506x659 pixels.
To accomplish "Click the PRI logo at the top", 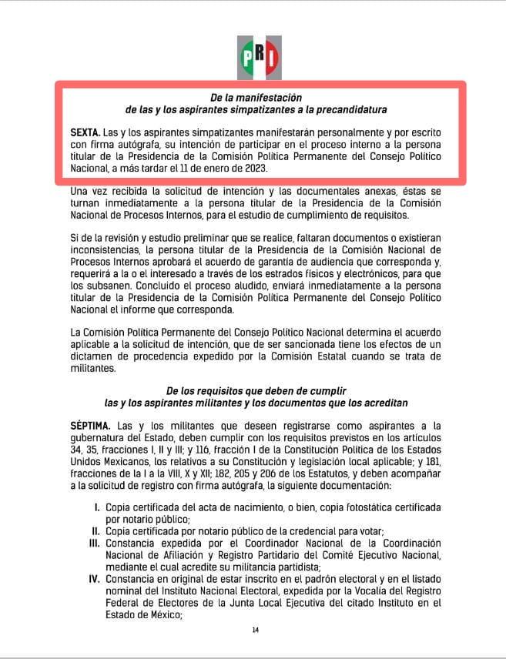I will click(253, 55).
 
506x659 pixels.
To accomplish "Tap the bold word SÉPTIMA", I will click(91, 425).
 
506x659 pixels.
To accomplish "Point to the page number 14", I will click(255, 631).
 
